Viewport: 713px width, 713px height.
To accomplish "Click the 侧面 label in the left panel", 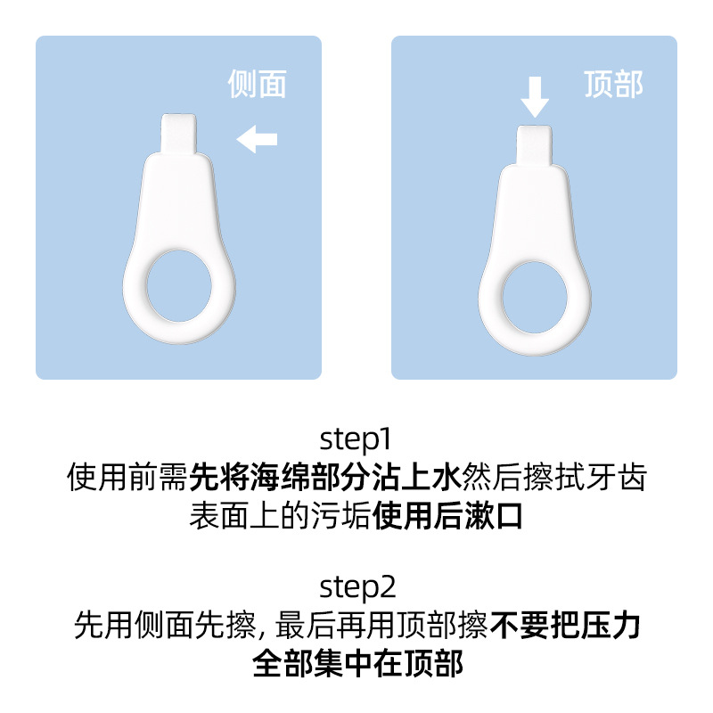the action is point(257,84).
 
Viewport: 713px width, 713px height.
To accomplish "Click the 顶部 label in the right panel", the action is point(613,84).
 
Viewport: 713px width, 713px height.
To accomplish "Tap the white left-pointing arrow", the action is point(257,139).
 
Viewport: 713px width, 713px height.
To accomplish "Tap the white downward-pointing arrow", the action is point(535,97).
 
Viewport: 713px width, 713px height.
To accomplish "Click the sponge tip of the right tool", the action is point(535,145).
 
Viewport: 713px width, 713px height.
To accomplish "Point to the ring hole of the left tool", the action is point(179,285).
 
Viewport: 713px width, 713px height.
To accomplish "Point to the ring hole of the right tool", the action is point(535,298).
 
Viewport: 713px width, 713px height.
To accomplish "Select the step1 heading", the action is point(356,439).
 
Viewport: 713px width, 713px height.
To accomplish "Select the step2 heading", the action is point(357,587).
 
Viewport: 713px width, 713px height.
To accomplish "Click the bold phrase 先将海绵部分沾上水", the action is point(325,477).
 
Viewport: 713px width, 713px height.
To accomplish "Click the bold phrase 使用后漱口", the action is point(447,516).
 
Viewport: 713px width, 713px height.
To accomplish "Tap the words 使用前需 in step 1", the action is point(127,477).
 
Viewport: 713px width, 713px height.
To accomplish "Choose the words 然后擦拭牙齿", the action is point(554,477).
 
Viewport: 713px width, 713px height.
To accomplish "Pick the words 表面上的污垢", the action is point(281,516).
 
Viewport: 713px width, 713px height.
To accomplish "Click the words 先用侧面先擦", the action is point(165,625).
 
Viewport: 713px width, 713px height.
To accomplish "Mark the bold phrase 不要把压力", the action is point(565,625).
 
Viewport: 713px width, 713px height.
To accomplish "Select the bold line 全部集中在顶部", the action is point(358,663).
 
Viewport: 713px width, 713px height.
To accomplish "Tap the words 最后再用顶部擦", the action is point(382,625).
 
